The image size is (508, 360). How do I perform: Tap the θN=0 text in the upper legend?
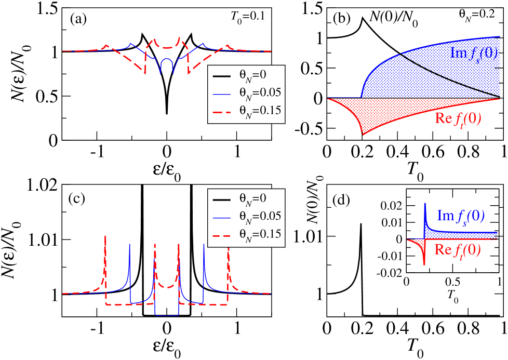pyautogui.click(x=252, y=75)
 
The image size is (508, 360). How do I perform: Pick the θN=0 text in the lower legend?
pyautogui.click(x=252, y=198)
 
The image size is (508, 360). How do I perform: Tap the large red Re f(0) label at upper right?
pyautogui.click(x=458, y=118)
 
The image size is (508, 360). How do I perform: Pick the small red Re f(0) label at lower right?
pyautogui.click(x=457, y=250)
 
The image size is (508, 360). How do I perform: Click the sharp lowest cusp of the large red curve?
pyautogui.click(x=363, y=135)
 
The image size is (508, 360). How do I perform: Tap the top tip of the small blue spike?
pyautogui.click(x=425, y=204)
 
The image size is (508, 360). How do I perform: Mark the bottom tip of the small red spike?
pyautogui.click(x=425, y=264)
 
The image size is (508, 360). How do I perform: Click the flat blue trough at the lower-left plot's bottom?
pyautogui.click(x=167, y=315)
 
